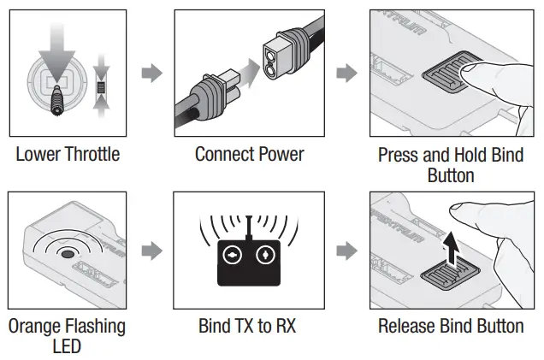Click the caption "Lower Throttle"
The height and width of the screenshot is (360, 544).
coord(68,155)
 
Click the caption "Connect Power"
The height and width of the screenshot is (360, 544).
coord(249,155)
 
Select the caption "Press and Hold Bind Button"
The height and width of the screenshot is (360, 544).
coord(450,165)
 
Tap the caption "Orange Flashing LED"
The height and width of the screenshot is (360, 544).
coord(68,336)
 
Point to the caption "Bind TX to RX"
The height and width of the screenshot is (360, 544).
coord(249,326)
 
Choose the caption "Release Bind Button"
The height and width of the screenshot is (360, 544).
coord(450,326)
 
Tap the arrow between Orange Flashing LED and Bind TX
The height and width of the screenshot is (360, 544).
coord(151,251)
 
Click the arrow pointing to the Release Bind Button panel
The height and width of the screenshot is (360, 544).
coord(346,251)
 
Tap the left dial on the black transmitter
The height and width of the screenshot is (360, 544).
coord(231,256)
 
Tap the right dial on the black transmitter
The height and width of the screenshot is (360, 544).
coord(266,256)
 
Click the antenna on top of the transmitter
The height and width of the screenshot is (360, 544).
coord(249,227)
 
